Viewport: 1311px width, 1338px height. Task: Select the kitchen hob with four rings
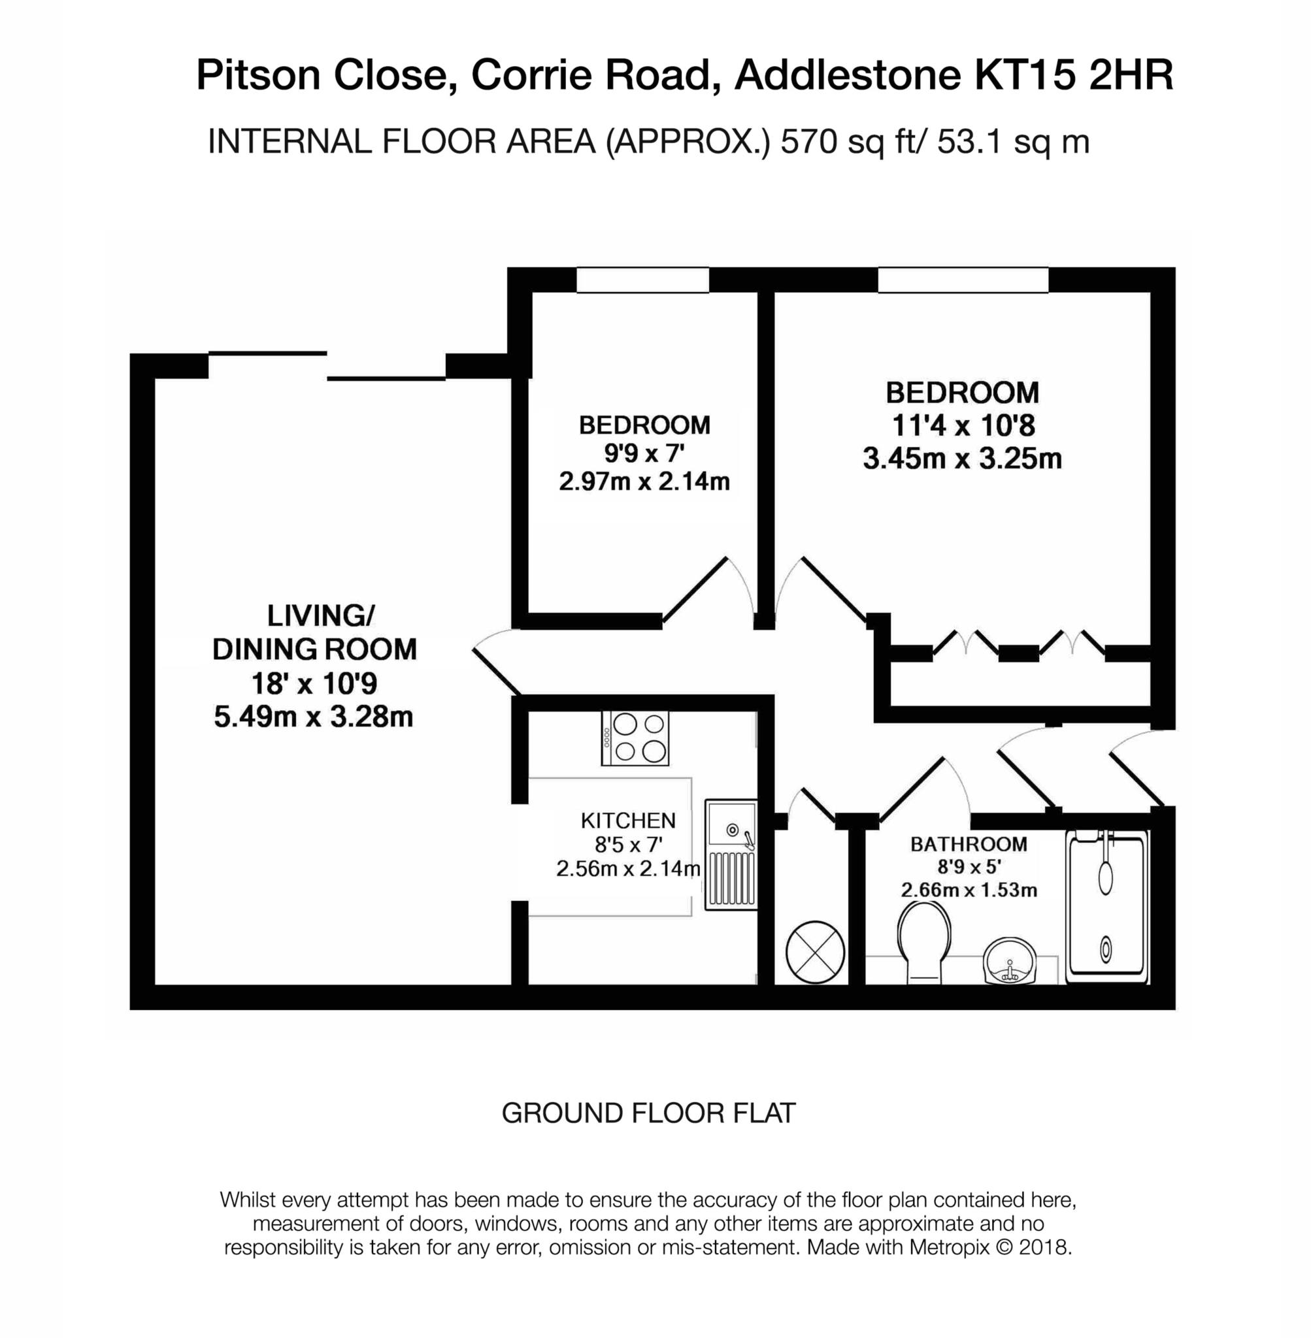tap(634, 737)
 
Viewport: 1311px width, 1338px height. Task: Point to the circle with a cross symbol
tap(814, 952)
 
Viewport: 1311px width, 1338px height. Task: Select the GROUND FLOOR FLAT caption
tap(648, 1113)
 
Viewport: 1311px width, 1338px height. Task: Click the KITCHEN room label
tap(628, 821)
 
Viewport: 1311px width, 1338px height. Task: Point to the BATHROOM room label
tap(968, 844)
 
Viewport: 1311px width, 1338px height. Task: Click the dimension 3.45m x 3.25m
tap(962, 459)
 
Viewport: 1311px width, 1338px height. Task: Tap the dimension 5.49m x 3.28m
tap(313, 717)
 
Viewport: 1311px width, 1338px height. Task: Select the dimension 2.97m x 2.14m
tap(644, 481)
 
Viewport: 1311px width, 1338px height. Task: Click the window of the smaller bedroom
tap(642, 280)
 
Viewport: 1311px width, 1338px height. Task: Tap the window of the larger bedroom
tap(962, 280)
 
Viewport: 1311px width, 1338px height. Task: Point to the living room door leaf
tap(497, 671)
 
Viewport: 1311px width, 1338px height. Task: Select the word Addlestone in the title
tap(847, 75)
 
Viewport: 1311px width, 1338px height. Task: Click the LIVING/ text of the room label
tap(320, 615)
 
